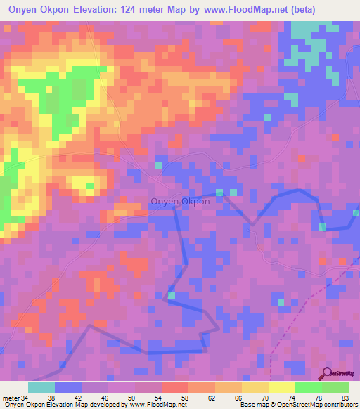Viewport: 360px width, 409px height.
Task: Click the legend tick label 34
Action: coord(26,398)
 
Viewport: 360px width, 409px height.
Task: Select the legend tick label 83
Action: coord(345,398)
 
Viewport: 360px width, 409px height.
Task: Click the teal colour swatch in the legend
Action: coord(41,387)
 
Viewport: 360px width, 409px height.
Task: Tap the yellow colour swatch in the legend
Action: coord(281,387)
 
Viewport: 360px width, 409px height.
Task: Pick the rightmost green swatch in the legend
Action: coord(335,387)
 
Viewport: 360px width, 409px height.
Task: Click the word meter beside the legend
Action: coord(11,398)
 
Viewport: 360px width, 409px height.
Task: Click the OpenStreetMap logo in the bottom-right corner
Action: coord(337,375)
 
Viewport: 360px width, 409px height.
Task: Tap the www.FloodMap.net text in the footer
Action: coord(158,405)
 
